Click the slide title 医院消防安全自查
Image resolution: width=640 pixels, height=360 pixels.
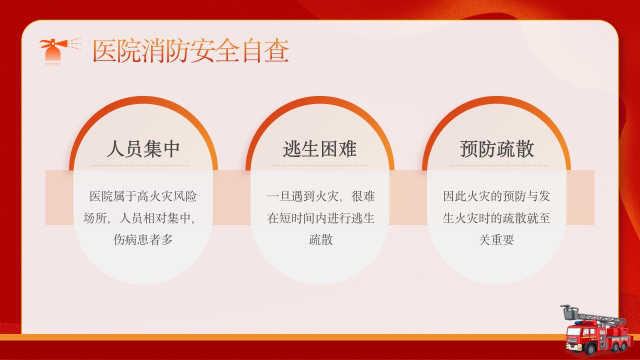pyautogui.click(x=190, y=51)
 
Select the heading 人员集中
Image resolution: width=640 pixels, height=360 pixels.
pyautogui.click(x=143, y=149)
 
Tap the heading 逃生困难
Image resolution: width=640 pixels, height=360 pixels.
pyautogui.click(x=319, y=149)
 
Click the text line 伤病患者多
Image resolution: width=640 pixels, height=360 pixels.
pyautogui.click(x=143, y=240)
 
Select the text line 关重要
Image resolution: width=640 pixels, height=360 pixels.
pyautogui.click(x=496, y=240)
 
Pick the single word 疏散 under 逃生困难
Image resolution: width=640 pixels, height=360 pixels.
pyautogui.click(x=320, y=240)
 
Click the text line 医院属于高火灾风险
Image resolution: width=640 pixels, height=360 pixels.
pyautogui.click(x=143, y=196)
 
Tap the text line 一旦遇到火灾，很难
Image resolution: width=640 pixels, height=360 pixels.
pyautogui.click(x=320, y=196)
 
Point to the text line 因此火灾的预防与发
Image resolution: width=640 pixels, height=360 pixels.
pyautogui.click(x=496, y=196)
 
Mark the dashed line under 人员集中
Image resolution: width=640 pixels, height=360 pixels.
pyautogui.click(x=140, y=165)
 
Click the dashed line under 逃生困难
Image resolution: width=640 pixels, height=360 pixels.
pyautogui.click(x=319, y=165)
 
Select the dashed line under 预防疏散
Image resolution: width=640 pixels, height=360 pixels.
pyautogui.click(x=498, y=165)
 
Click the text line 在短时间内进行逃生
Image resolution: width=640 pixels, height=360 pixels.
pyautogui.click(x=320, y=218)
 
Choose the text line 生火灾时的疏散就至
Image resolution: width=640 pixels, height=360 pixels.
pyautogui.click(x=496, y=218)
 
